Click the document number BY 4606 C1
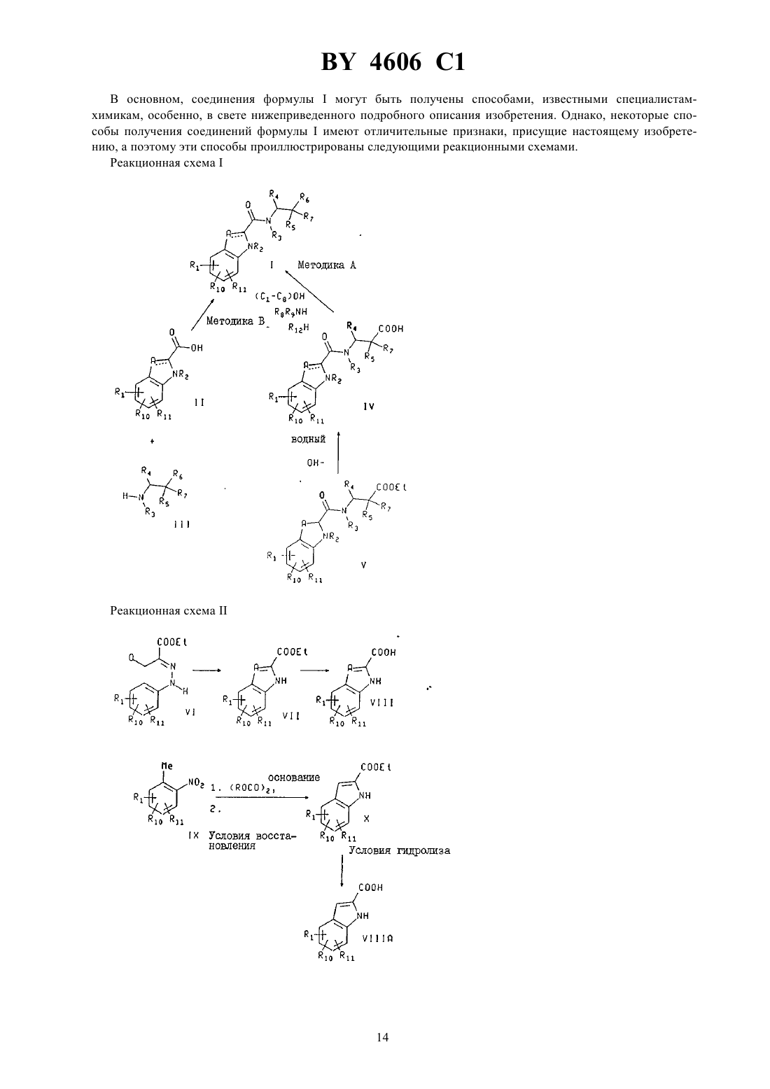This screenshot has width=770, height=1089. tap(393, 62)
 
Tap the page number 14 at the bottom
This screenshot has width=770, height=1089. tap(383, 1037)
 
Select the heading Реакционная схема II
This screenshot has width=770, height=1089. tap(169, 610)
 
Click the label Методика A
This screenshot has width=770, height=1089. tap(327, 265)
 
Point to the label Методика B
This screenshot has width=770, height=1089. tap(236, 321)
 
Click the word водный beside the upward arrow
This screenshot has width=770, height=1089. tap(308, 440)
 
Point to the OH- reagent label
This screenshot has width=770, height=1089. tap(316, 463)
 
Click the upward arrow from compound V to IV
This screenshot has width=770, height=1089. tap(338, 451)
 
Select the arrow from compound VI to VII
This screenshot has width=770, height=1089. tap(206, 671)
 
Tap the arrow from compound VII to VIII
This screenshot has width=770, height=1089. tap(314, 671)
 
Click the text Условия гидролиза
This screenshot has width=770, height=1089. tap(399, 851)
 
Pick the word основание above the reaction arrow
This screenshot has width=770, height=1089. tap(294, 778)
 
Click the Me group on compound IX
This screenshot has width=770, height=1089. tap(167, 766)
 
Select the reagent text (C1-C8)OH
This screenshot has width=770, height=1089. tap(280, 296)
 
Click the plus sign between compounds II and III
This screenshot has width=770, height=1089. tap(152, 442)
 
